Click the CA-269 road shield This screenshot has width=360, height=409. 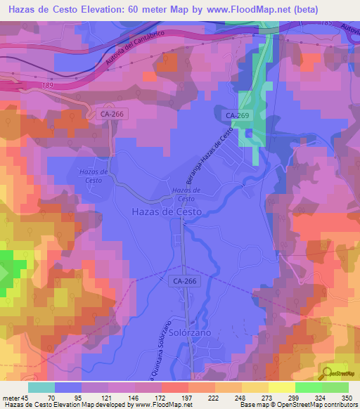point(236,115)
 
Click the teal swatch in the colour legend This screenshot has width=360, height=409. point(41,387)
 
